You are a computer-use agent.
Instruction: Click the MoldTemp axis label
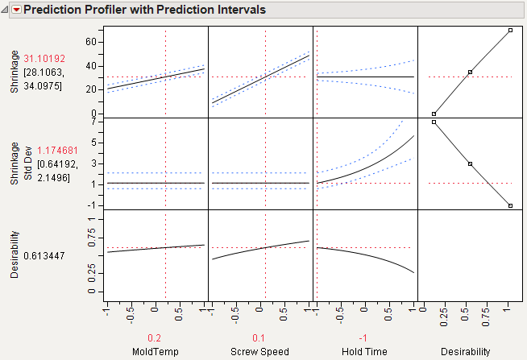pyautogui.click(x=155, y=351)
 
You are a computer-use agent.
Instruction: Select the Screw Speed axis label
pyautogui.click(x=259, y=351)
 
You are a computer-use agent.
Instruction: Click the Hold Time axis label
pyautogui.click(x=364, y=351)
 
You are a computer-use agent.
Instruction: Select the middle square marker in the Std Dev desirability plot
pyautogui.click(x=470, y=163)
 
